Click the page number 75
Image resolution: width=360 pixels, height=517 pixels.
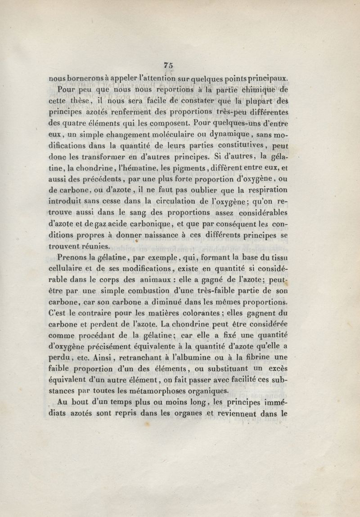point(169,65)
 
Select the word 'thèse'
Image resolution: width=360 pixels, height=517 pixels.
point(94,100)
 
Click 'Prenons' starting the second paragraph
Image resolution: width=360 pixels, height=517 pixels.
point(72,258)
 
